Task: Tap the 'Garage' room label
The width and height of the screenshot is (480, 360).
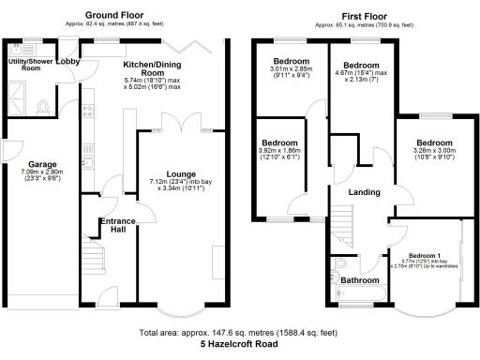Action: (x=41, y=162)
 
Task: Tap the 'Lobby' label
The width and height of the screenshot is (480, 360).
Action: (x=67, y=61)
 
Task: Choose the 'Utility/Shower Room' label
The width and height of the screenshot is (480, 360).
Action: (x=25, y=64)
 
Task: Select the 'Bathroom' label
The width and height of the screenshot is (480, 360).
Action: (x=359, y=280)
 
